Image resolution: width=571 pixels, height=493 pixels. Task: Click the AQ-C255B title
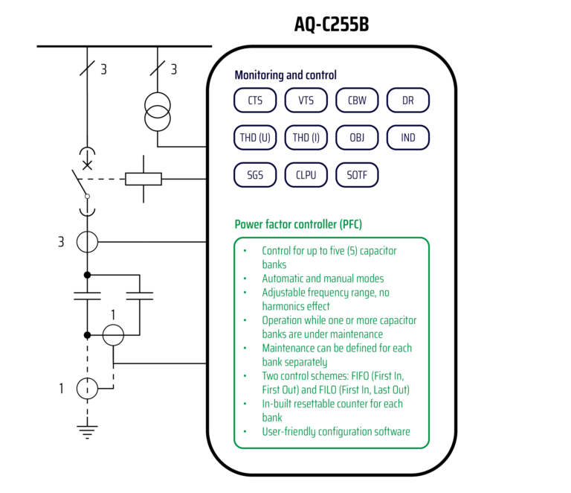332,25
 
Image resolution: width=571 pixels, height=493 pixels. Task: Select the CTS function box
255,101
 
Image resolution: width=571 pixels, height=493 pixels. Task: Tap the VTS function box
306,101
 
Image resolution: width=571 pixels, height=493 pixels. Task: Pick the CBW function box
357,101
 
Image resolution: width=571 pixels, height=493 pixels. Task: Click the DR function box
407,101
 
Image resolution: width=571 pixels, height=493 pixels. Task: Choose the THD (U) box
255,138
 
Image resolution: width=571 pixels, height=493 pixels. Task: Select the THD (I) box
306,138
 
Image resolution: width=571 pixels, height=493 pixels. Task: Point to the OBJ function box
357,138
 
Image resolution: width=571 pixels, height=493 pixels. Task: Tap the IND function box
407,138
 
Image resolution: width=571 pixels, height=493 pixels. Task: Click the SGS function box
255,176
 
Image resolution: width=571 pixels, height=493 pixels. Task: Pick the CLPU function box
306,176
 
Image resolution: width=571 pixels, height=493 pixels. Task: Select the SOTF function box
357,176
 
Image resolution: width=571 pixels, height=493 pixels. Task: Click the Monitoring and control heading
285,75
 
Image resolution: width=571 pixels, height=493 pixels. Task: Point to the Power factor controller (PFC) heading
298,224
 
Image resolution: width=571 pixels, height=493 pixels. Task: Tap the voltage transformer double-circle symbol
158,112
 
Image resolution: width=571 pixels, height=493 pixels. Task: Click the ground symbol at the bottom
88,429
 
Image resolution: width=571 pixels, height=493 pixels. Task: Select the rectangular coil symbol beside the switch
143,179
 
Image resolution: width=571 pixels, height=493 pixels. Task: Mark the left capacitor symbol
88,296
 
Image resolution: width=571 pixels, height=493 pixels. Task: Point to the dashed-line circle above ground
88,387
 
